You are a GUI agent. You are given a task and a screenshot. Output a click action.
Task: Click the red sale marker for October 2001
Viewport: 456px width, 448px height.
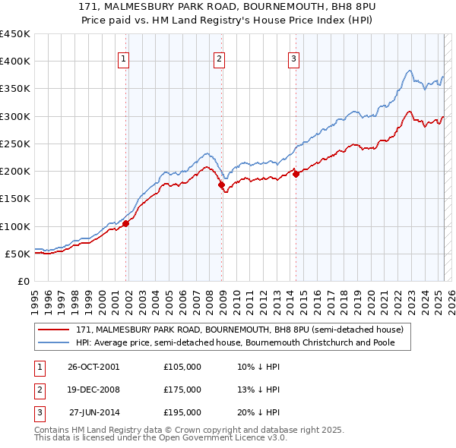pos(126,223)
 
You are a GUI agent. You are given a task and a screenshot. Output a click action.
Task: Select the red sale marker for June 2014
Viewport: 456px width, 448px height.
pos(296,174)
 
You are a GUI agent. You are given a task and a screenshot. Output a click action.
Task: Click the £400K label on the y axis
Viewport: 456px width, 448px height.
pos(15,62)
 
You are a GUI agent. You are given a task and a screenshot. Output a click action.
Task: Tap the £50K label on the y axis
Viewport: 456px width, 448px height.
pos(18,254)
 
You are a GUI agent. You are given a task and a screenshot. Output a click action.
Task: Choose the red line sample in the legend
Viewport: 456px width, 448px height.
pos(53,330)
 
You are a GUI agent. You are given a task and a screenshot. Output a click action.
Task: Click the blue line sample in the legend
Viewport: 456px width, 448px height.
pos(53,342)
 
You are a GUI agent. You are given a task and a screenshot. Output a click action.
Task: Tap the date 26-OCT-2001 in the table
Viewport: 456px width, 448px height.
pos(93,367)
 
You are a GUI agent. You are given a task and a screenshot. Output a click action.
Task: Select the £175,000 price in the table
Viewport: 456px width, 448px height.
pos(182,390)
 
